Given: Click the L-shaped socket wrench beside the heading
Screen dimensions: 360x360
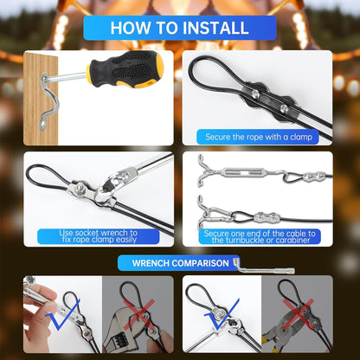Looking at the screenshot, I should pos(230,262).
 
